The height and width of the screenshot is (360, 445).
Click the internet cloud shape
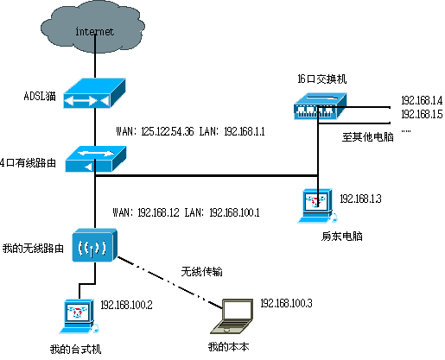tap(94, 32)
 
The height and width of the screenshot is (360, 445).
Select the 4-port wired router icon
tap(95, 158)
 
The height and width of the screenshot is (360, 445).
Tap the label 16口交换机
tap(321, 79)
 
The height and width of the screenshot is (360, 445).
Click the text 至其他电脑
tap(366, 136)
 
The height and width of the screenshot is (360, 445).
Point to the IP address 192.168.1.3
tap(360, 199)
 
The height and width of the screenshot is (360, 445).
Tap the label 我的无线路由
tap(34, 248)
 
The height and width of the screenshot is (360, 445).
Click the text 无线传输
tap(201, 271)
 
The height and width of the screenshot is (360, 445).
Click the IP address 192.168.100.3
tap(286, 304)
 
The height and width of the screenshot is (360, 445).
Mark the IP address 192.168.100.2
tap(127, 305)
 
